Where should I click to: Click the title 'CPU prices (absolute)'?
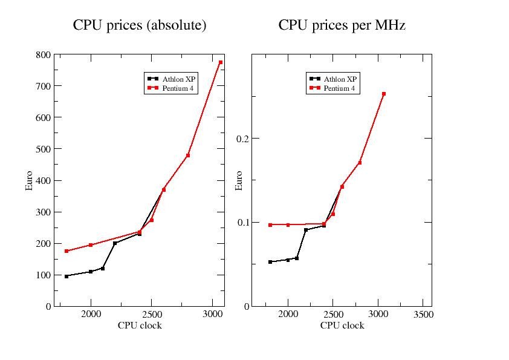140,25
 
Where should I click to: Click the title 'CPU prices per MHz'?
342,25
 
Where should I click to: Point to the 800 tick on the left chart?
43,54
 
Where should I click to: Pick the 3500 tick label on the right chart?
423,315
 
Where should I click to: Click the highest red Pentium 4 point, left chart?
221,62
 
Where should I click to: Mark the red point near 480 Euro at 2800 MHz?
188,155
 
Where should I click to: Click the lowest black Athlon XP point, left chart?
66,276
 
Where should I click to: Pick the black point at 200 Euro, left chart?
115,243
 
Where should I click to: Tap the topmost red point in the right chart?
384,94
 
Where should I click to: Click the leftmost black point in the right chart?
270,262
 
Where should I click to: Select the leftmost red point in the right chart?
270,224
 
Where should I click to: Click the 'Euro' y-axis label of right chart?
239,180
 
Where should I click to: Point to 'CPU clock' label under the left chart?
140,326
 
